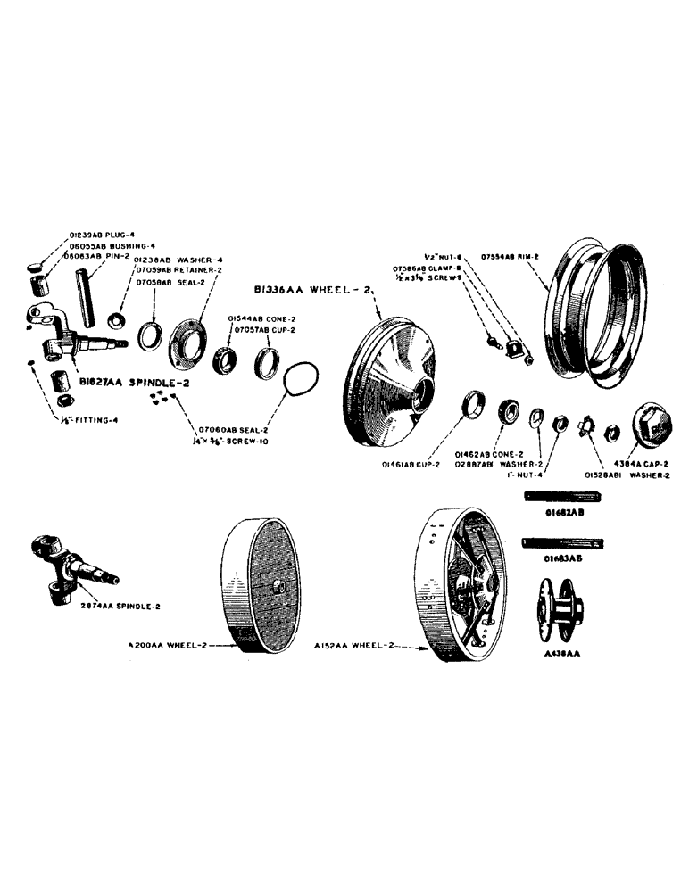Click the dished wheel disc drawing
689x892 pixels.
click(392, 384)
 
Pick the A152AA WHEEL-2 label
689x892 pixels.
click(351, 645)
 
